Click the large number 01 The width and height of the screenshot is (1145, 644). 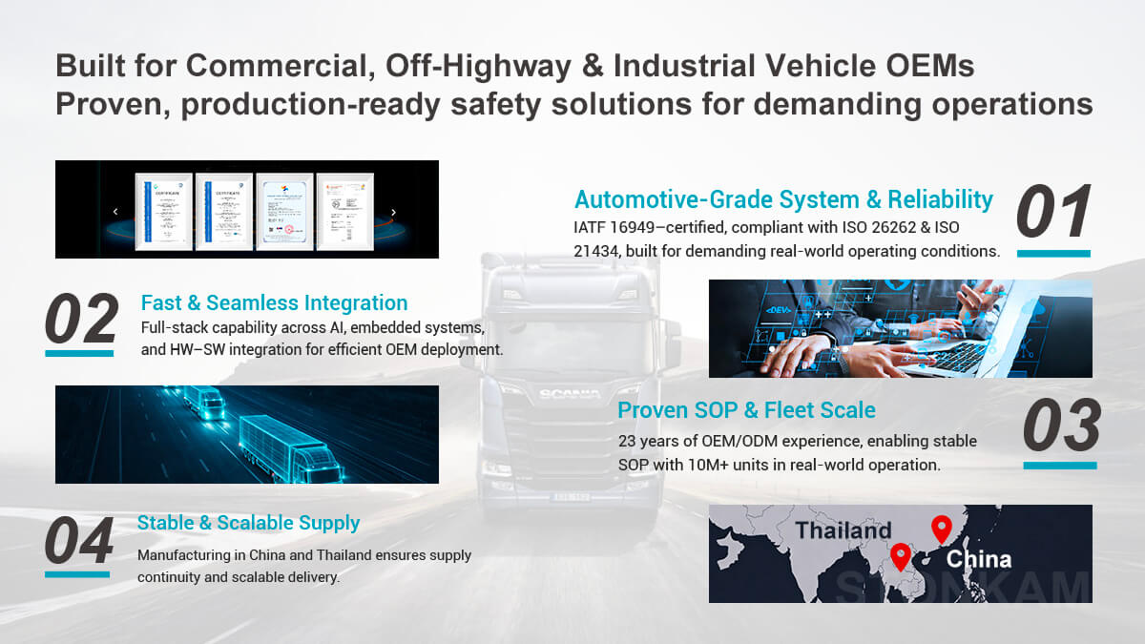(1053, 212)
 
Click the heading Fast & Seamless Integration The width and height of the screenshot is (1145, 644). (274, 303)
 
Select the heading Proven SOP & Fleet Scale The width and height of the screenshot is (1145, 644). (746, 410)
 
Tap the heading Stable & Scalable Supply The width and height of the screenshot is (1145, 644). (248, 523)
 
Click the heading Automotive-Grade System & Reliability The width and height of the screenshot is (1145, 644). (783, 199)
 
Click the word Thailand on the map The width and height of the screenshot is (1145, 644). (843, 530)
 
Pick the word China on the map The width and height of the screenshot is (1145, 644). (979, 559)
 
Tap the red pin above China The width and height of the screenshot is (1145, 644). (942, 528)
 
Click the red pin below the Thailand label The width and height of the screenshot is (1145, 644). (900, 555)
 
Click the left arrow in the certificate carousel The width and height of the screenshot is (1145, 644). (115, 212)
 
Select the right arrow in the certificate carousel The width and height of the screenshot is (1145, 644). (393, 212)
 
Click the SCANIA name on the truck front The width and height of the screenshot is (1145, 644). (569, 394)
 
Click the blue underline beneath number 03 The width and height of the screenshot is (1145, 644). (1060, 466)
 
